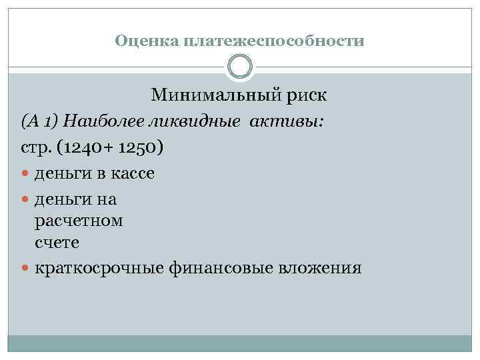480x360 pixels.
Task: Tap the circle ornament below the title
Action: click(x=240, y=67)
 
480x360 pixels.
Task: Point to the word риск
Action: click(x=303, y=95)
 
